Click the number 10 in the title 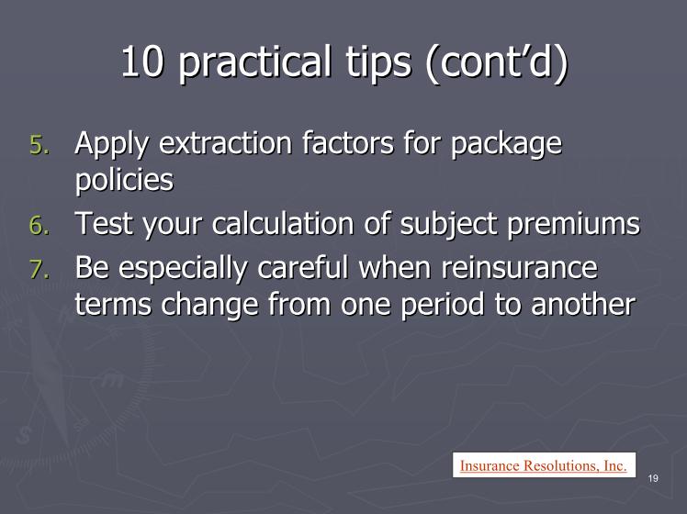pos(142,61)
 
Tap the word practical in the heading pos(254,63)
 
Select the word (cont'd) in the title pos(497,63)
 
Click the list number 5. pos(39,144)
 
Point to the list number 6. pos(39,225)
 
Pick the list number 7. pos(39,269)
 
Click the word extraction pos(226,142)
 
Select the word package pos(506,145)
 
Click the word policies pos(124,181)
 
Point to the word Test pos(104,223)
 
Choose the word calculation pos(283,223)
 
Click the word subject pos(448,225)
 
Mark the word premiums pos(573,226)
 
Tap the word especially pos(183,269)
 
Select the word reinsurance pos(519,267)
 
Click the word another pos(583,304)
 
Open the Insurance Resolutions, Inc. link pos(544,465)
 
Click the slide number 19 pos(653,478)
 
